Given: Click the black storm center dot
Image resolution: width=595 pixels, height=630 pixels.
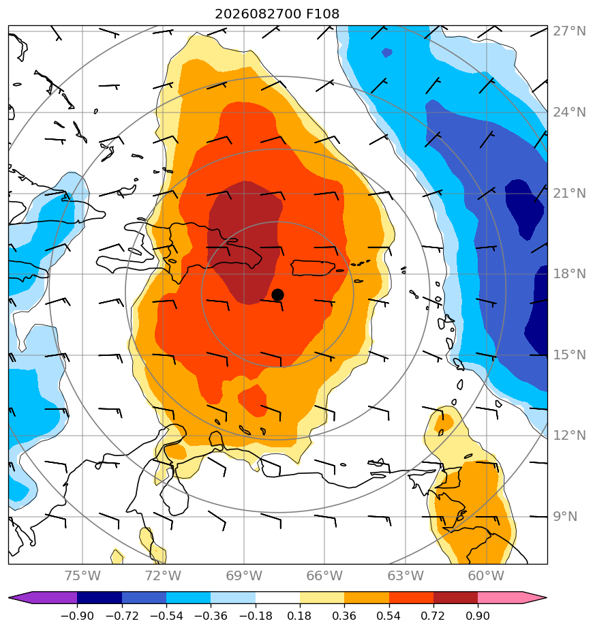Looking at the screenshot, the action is [x=277, y=295].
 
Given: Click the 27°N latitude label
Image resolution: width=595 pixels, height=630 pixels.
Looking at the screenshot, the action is [x=569, y=31].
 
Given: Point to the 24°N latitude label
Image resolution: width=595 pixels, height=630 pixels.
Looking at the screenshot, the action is [x=569, y=112].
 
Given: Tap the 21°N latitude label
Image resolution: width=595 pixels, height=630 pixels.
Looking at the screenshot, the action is [x=569, y=193].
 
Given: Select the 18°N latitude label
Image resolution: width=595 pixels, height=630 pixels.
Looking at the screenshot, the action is [x=569, y=274].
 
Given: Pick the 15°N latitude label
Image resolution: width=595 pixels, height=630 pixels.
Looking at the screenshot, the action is [x=569, y=355].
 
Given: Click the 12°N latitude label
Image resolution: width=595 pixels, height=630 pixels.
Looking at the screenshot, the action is [x=569, y=435].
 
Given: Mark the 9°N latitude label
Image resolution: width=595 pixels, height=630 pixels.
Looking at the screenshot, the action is [x=565, y=516].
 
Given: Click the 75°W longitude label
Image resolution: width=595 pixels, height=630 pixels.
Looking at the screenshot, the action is [x=82, y=575].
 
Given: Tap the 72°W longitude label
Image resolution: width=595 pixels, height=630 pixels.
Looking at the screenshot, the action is [x=163, y=575].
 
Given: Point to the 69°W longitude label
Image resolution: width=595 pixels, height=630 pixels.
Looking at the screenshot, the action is [x=244, y=575].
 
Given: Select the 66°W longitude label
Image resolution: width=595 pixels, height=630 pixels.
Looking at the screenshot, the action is [x=324, y=575].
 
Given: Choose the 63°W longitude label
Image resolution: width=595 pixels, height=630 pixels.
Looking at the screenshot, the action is [x=406, y=575].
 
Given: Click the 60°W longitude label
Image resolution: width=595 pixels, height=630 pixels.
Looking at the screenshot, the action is [x=486, y=575].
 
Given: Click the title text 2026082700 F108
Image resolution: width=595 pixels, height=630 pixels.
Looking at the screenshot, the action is [x=277, y=14].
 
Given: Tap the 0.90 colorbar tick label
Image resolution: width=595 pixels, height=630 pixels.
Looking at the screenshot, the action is [x=478, y=616].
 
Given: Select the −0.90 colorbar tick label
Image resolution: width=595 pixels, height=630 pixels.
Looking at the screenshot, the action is [x=77, y=616].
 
